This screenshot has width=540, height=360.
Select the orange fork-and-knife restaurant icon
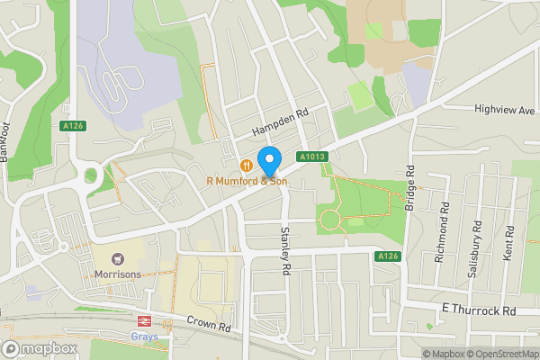tap(245, 165)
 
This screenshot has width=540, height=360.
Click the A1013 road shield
tap(311, 156)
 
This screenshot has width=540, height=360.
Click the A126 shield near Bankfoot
tap(74, 127)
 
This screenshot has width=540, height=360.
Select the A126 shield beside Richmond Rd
tap(387, 256)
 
